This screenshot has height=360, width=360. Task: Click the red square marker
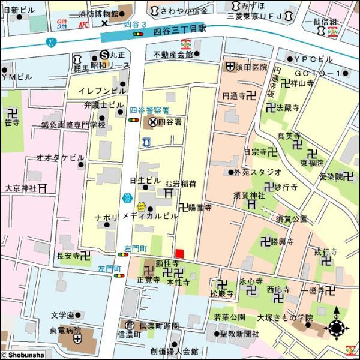[x=179, y=253]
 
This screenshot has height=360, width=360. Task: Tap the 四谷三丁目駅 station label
[x=179, y=28]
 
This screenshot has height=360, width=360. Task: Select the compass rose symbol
[x=336, y=328]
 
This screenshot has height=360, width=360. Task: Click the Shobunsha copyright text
[x=23, y=355]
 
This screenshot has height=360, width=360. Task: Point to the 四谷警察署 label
[x=149, y=110]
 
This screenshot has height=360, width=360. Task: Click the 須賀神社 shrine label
[x=249, y=196]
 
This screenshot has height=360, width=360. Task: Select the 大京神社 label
[x=21, y=188]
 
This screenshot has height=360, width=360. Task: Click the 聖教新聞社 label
[x=239, y=334]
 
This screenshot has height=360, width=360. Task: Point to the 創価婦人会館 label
[x=174, y=352]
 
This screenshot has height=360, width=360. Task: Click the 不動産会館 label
[x=173, y=54]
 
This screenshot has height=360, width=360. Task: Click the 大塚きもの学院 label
[x=284, y=317]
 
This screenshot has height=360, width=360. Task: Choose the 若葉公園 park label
[x=229, y=316]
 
